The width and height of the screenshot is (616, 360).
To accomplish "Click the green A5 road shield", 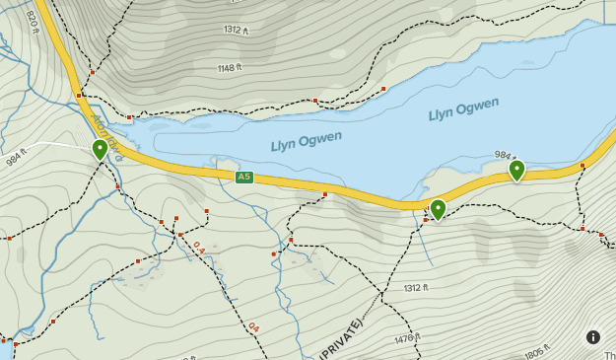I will [x=244, y=178].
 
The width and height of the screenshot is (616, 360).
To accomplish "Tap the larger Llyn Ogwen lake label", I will [x=463, y=109].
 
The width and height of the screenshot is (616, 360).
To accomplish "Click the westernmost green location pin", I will [x=100, y=150].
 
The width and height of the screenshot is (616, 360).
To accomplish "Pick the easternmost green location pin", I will [x=516, y=171].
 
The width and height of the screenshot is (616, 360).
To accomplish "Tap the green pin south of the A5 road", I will [x=438, y=209].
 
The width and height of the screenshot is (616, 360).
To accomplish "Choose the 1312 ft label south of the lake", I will [x=416, y=288].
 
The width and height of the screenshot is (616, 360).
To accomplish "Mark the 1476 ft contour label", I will [x=405, y=338].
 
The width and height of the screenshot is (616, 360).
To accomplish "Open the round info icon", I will [x=593, y=336].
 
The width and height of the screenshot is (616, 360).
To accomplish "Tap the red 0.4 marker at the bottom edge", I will [x=253, y=326].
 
